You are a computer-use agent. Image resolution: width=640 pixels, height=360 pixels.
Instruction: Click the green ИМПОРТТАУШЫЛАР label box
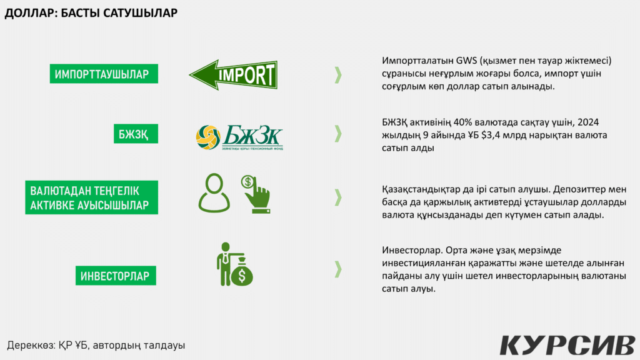104,74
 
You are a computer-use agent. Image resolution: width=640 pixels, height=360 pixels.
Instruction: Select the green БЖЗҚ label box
136,134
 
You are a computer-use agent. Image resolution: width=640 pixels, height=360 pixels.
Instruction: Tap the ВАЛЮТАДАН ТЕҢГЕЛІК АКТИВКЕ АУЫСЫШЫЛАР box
91,197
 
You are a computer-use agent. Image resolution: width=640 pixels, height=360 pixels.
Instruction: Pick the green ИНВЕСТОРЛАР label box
116,276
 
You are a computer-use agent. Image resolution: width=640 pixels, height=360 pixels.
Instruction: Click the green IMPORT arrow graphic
234,75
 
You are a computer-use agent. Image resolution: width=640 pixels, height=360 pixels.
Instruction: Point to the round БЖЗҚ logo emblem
208,137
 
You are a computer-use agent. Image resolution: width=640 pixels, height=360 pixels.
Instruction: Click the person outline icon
214,193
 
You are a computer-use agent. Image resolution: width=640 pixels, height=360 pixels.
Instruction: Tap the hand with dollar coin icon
256,194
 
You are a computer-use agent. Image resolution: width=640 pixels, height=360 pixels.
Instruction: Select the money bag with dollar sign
242,272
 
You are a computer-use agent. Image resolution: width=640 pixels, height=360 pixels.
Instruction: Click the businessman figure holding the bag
225,264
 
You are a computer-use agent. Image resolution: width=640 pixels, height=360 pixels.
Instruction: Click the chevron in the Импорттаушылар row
338,75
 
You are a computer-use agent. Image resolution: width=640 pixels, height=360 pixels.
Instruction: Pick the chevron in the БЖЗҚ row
338,134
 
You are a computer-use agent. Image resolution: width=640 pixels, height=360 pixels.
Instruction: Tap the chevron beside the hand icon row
338,197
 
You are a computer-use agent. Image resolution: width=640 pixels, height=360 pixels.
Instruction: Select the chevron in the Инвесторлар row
338,269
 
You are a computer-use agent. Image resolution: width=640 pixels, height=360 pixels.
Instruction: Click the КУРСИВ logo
567,345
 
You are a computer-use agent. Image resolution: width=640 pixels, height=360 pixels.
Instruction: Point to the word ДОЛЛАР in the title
29,13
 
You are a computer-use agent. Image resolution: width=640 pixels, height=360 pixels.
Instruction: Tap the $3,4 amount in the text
491,135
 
